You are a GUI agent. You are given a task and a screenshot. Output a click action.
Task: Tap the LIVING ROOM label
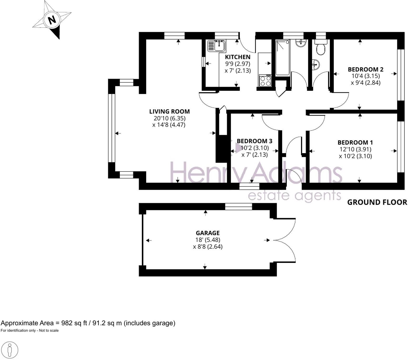click(x=169, y=112)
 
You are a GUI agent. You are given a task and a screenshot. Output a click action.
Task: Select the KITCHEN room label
click(x=238, y=57)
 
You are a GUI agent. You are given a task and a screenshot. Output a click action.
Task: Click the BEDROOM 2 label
click(x=365, y=69)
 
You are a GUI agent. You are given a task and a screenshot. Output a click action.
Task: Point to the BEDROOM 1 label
click(x=355, y=143)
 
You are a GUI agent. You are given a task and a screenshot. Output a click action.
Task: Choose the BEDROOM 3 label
click(x=254, y=141)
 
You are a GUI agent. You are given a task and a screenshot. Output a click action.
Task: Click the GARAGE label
click(x=207, y=233)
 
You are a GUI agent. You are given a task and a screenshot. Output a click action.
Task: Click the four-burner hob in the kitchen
click(x=265, y=81)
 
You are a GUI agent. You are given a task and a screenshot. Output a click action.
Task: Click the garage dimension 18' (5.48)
click(x=207, y=240)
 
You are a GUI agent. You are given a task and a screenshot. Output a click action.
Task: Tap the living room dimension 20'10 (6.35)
click(x=169, y=118)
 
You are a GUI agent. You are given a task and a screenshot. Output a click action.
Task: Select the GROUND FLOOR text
click(x=377, y=202)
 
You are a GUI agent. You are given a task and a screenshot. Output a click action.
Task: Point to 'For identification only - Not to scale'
click(x=29, y=331)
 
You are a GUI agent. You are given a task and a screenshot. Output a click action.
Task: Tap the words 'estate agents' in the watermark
click(x=294, y=196)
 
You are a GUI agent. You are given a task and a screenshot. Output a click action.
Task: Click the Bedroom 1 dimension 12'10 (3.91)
click(x=355, y=149)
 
